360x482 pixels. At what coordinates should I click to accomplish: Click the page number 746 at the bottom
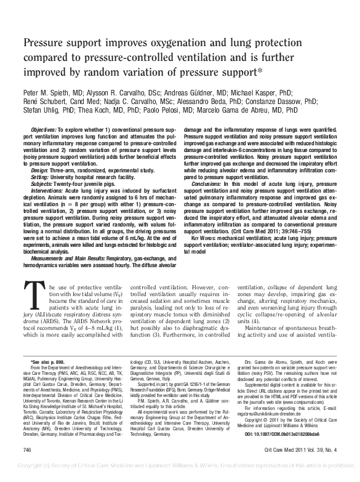pos(26,467)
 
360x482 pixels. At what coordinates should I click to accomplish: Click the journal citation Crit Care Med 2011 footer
pos(300,467)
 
